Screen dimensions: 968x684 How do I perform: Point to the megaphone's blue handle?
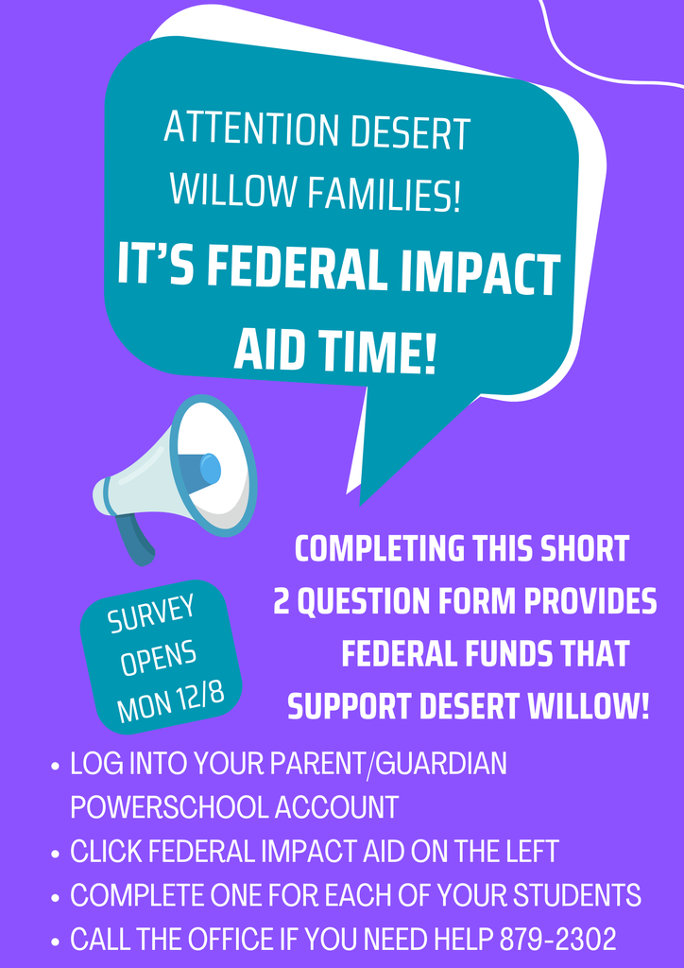click(137, 540)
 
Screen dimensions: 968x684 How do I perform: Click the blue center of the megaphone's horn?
click(210, 469)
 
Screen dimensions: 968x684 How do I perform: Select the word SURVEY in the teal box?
click(151, 614)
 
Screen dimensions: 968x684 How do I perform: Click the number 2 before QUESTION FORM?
click(282, 602)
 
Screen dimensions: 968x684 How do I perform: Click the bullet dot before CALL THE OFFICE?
click(57, 942)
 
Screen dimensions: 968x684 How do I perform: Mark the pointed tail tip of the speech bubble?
click(361, 502)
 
